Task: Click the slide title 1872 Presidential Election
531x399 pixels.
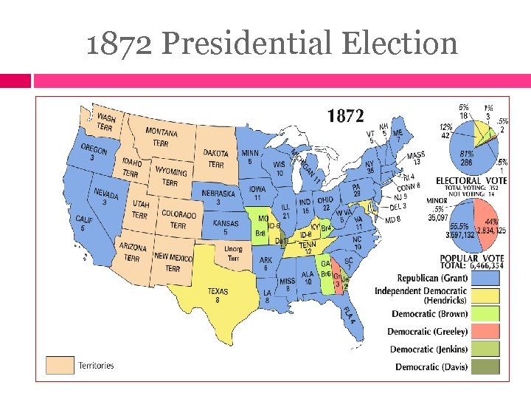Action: (x=271, y=43)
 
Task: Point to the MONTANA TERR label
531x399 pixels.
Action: (x=162, y=137)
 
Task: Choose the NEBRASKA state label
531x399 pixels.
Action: (x=219, y=197)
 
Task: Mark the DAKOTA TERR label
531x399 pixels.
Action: (x=216, y=158)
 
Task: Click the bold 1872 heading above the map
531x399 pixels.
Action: (x=345, y=115)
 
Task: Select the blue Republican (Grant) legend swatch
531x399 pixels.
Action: (x=484, y=278)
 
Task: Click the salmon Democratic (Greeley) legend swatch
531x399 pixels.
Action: (x=484, y=331)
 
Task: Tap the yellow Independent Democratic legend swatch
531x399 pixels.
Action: (x=484, y=296)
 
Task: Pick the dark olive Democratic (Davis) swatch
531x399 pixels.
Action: (x=484, y=366)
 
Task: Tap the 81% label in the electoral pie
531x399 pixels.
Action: (x=466, y=154)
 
